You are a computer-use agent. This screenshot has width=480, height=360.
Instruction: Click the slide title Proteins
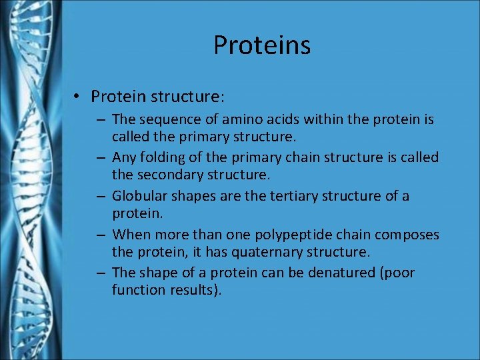pos(262,45)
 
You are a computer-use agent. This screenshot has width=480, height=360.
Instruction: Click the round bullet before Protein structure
pos(77,97)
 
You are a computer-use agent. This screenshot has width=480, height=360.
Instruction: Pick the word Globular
pos(139,197)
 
